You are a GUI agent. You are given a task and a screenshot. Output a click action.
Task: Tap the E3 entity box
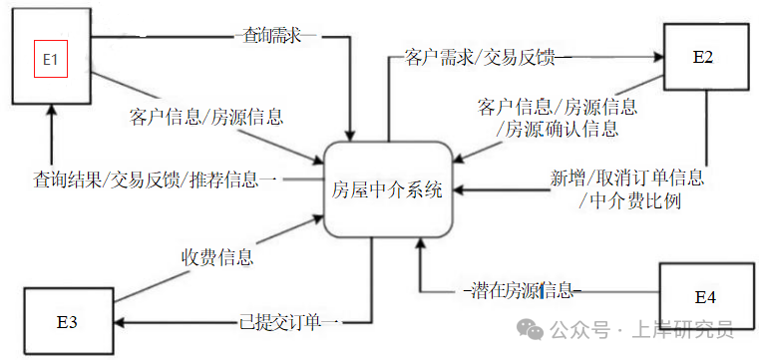click(x=67, y=321)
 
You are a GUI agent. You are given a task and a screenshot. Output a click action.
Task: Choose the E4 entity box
click(x=704, y=296)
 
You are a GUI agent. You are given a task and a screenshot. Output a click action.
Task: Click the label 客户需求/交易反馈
click(x=486, y=55)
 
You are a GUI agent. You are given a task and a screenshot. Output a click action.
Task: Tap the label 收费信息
click(x=216, y=256)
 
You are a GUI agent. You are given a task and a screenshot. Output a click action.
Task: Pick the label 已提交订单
click(x=289, y=322)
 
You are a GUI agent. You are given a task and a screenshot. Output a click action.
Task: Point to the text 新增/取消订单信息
click(x=627, y=179)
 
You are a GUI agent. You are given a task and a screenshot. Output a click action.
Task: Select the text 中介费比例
click(x=629, y=200)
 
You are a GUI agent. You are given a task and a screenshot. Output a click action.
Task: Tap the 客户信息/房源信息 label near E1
click(x=206, y=117)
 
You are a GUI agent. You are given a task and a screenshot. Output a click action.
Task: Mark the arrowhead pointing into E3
click(x=122, y=322)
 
